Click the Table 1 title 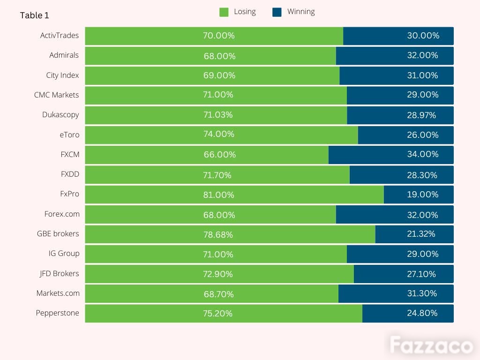(34, 15)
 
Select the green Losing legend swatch (224, 12)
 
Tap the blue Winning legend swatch (277, 12)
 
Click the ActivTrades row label (60, 36)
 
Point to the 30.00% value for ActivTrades (423, 36)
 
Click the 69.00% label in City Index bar (219, 75)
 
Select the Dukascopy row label (60, 115)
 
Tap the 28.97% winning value (421, 115)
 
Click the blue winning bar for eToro (405, 135)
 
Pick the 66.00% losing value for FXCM (220, 155)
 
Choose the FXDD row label (70, 174)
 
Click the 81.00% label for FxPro (218, 195)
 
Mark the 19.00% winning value (422, 195)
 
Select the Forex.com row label (62, 214)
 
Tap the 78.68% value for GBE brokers (218, 235)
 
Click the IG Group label (64, 254)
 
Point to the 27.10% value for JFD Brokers (421, 274)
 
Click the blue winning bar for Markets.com (396, 294)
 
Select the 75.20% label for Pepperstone (217, 314)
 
